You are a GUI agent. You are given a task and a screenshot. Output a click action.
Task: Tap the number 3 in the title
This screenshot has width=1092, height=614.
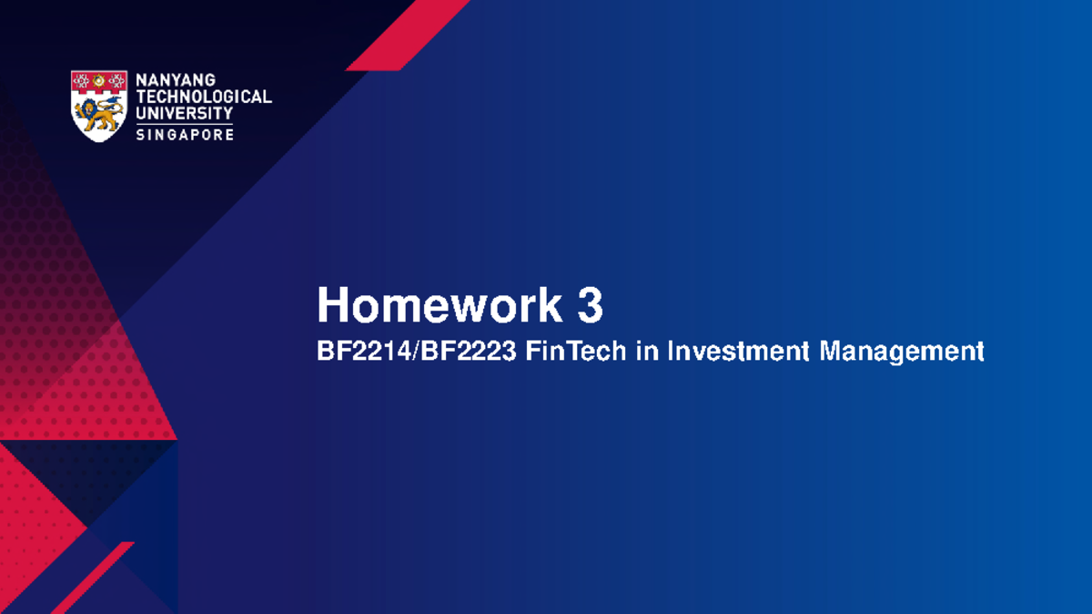coord(590,306)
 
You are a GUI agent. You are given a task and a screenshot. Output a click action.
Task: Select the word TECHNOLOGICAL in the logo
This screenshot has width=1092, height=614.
coord(203,97)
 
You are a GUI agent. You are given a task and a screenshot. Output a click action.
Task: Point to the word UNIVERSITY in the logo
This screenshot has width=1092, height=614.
coord(184,113)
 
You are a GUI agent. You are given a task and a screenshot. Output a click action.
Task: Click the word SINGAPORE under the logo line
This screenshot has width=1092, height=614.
coord(184,134)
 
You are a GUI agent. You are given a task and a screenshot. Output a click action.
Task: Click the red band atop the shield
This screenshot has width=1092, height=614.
coord(98,81)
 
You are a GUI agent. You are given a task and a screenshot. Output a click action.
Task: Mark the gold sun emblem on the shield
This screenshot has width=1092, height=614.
coord(98,81)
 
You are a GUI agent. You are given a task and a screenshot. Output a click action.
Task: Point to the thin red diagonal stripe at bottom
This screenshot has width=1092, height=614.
coord(91,578)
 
